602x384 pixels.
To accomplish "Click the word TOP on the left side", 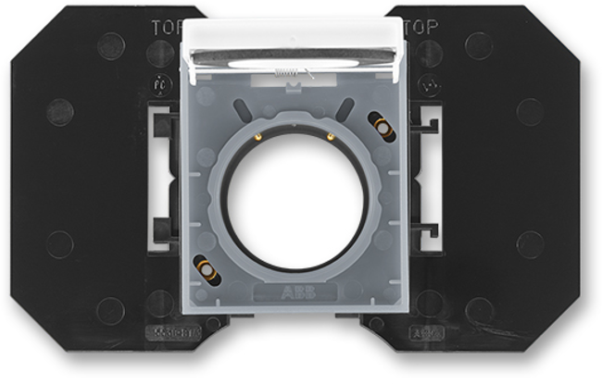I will tap(168, 29).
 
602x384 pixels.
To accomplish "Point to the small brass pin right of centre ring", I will tap(331, 136).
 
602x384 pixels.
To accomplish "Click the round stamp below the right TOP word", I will tap(428, 89).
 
